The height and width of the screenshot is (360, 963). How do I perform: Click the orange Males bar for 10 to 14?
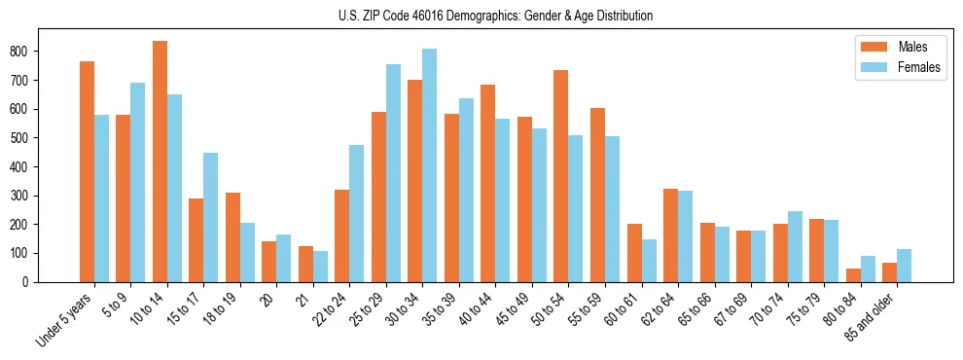point(160,162)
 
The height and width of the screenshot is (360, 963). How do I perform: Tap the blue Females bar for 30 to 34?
point(429,165)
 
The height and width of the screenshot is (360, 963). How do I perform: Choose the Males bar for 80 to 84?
point(853,275)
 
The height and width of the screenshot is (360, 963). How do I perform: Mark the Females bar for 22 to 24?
point(356,213)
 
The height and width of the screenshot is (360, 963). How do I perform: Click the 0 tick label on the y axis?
point(32,282)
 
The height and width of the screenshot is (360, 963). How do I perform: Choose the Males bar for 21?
point(305,264)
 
